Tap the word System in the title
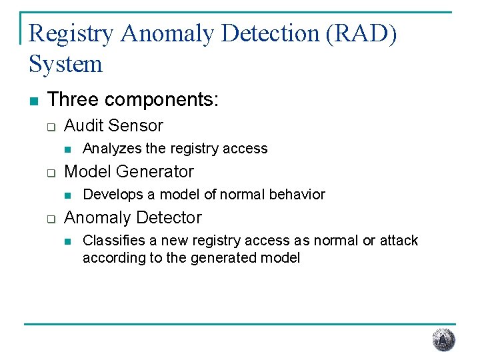65,65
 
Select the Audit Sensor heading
113,125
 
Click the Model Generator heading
129,171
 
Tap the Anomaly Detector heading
133,217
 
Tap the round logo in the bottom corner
443,340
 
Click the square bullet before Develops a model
67,195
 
